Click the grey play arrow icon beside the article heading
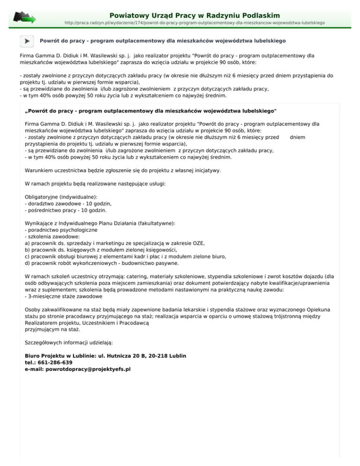point(27,41)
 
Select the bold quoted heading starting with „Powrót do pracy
point(150,111)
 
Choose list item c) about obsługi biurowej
point(125,256)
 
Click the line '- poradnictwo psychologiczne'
point(61,230)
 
